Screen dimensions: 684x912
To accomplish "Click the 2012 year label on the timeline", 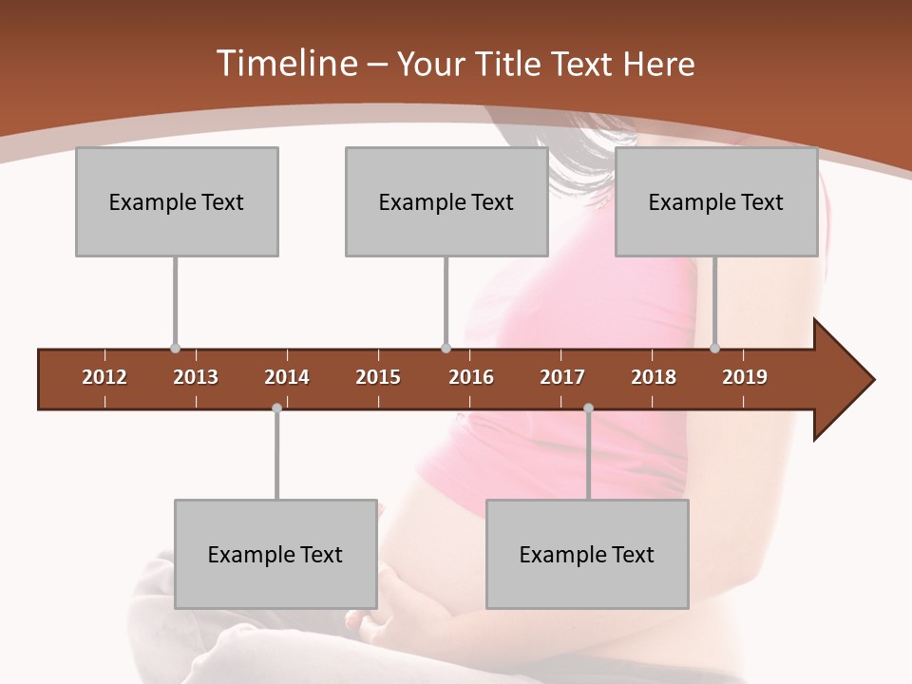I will (x=104, y=377).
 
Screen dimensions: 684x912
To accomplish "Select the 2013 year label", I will (x=196, y=377).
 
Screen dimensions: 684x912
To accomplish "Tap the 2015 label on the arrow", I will (x=378, y=377).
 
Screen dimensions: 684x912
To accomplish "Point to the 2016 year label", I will (x=471, y=377).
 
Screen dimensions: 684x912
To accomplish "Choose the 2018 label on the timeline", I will (x=654, y=377).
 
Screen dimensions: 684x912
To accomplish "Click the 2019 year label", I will (x=745, y=377).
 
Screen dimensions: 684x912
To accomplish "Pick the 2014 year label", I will (x=287, y=377).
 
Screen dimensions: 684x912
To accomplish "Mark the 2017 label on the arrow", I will (x=562, y=377).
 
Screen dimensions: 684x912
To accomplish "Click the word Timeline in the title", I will (x=285, y=64).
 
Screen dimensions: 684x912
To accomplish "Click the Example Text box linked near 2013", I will (x=177, y=201).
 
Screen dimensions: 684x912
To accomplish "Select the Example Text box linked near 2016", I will (x=446, y=201).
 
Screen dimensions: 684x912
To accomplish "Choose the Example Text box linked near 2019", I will (x=716, y=201).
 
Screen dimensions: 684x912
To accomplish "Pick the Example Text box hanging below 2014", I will (x=275, y=554).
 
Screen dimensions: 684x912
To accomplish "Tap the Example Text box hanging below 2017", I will (x=587, y=554).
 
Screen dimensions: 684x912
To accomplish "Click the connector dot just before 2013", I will (x=175, y=348).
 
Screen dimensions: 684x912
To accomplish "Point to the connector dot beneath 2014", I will (x=276, y=408).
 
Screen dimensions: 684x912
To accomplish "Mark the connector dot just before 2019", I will (x=714, y=348).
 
